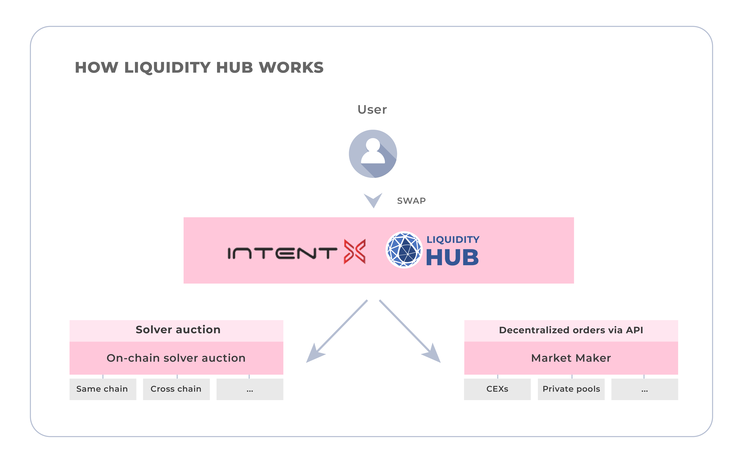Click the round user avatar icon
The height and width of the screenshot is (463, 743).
coord(373,154)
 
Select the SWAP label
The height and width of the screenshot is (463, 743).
coord(411,201)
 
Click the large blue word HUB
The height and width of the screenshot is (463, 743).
coord(452,258)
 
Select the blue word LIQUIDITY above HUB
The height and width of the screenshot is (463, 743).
coord(453,239)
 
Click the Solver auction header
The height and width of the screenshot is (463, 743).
coord(178,330)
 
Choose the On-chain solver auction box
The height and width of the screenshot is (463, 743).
coord(176,358)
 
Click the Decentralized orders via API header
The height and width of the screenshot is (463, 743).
coord(571,330)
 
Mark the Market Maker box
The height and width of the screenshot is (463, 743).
coord(571,358)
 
